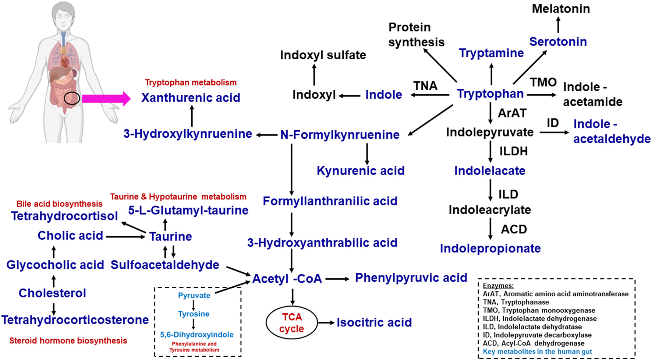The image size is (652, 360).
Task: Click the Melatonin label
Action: click(x=560, y=8)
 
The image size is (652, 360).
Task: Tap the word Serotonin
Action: click(x=558, y=42)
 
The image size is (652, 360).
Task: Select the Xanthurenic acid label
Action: click(x=191, y=98)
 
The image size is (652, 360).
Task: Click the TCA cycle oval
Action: click(x=291, y=323)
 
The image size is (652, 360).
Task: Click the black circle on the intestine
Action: click(x=71, y=98)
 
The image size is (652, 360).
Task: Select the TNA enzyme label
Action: click(x=425, y=86)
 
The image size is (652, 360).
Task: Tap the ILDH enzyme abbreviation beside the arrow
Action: click(x=513, y=151)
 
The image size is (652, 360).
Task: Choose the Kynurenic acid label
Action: click(x=360, y=171)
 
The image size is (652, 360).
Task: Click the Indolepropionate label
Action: click(x=490, y=248)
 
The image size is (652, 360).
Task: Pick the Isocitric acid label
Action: click(x=374, y=322)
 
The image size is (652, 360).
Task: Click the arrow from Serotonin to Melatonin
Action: click(x=558, y=25)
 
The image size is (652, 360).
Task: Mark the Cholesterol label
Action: click(x=52, y=293)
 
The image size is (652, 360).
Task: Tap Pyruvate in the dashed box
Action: click(x=194, y=295)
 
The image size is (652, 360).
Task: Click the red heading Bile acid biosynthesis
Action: click(x=59, y=204)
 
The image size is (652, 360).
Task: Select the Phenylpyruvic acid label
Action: click(x=411, y=278)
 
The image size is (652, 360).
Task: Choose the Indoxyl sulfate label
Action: click(x=323, y=55)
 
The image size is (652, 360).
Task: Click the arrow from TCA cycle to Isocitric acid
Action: click(x=326, y=323)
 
